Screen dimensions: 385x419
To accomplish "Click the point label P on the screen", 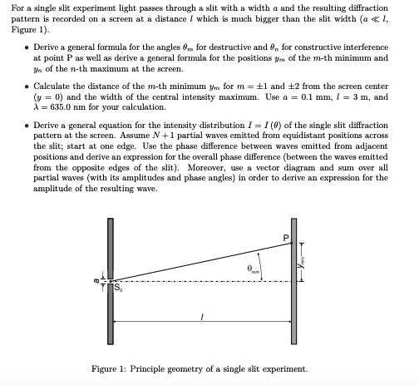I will (288, 238).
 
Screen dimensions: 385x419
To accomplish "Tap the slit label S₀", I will (117, 291).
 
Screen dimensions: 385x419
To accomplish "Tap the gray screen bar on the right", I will (293, 291).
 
